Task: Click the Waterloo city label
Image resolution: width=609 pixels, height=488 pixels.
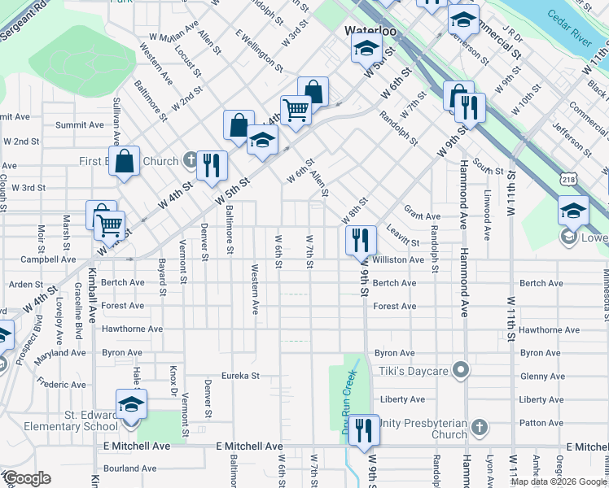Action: [x=370, y=30]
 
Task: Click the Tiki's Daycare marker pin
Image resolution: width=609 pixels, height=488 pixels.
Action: [x=461, y=371]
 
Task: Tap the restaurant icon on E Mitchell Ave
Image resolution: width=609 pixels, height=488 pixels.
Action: [x=363, y=430]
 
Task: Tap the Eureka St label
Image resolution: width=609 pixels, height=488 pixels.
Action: [x=242, y=376]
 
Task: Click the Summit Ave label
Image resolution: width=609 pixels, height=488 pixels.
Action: [x=80, y=125]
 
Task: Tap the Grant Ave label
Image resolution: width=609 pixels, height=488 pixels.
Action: [x=422, y=216]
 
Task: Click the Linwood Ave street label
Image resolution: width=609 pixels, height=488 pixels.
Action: [x=487, y=215]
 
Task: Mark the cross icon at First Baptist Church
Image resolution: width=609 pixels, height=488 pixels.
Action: [x=189, y=160]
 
